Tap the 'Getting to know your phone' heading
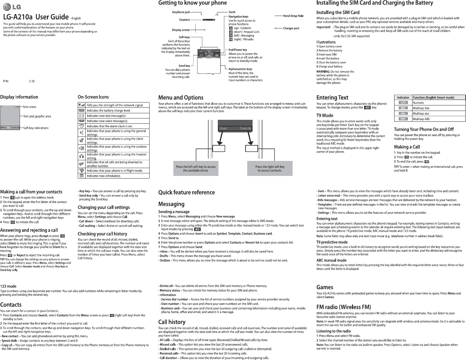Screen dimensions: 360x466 (x=192, y=3)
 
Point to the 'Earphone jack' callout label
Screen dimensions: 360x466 (x=181, y=12)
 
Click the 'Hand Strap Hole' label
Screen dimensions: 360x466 (x=293, y=16)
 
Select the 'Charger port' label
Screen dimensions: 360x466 (x=291, y=28)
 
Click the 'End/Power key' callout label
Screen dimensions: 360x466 (x=238, y=50)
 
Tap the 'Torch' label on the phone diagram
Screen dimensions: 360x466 (x=232, y=12)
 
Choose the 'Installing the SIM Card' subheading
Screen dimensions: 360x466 (x=338, y=12)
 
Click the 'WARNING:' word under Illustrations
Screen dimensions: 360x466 (x=323, y=71)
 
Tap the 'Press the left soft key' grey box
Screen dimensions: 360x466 (x=196, y=168)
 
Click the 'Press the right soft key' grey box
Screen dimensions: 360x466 (x=270, y=168)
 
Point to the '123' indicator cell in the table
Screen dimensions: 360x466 (x=403, y=103)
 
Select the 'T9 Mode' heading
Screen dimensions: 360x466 (x=325, y=115)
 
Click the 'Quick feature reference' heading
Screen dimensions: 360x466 (x=186, y=192)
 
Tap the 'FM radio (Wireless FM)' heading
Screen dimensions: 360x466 (x=344, y=307)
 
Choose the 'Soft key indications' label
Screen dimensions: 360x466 (x=36, y=128)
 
